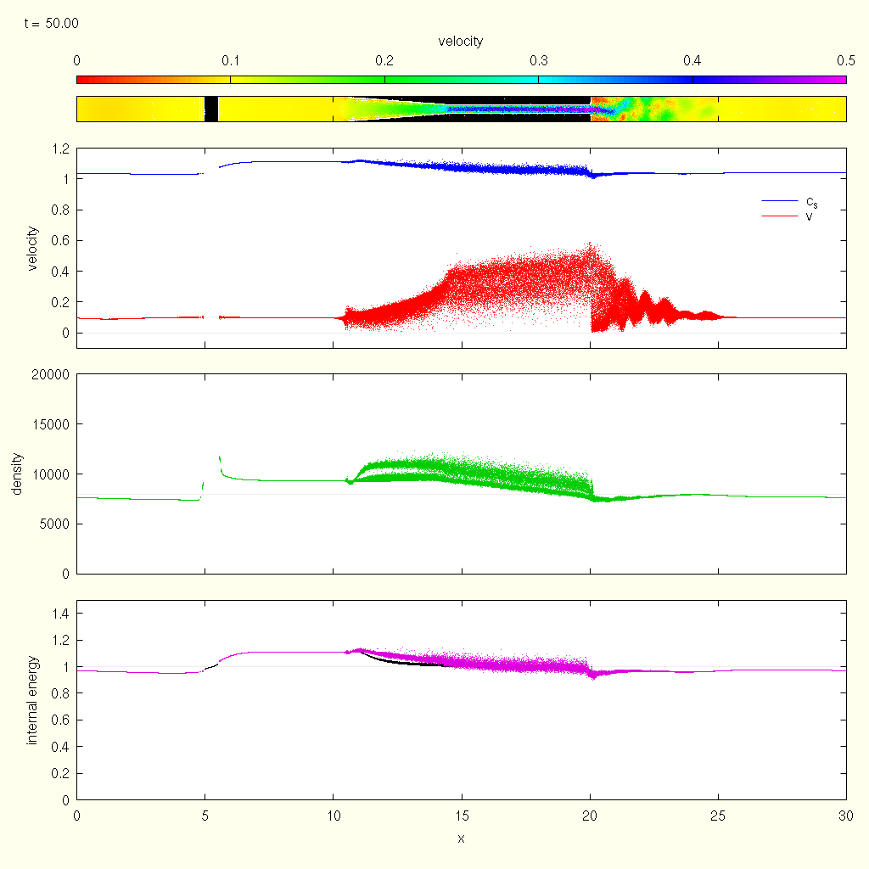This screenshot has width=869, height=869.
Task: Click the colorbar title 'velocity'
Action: (x=461, y=42)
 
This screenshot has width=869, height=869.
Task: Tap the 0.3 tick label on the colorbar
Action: (x=538, y=61)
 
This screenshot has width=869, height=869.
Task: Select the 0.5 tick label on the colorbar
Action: (x=845, y=61)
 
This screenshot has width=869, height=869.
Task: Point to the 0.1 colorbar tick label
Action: (x=230, y=61)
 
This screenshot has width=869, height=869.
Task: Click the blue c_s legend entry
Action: (x=812, y=201)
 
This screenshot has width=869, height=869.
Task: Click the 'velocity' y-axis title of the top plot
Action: (x=32, y=248)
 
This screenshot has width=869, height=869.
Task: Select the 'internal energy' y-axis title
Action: (x=32, y=700)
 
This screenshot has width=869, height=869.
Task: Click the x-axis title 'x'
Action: (x=461, y=839)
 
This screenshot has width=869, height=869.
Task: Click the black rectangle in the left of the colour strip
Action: (x=211, y=109)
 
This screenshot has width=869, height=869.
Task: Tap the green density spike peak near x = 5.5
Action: (x=220, y=457)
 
